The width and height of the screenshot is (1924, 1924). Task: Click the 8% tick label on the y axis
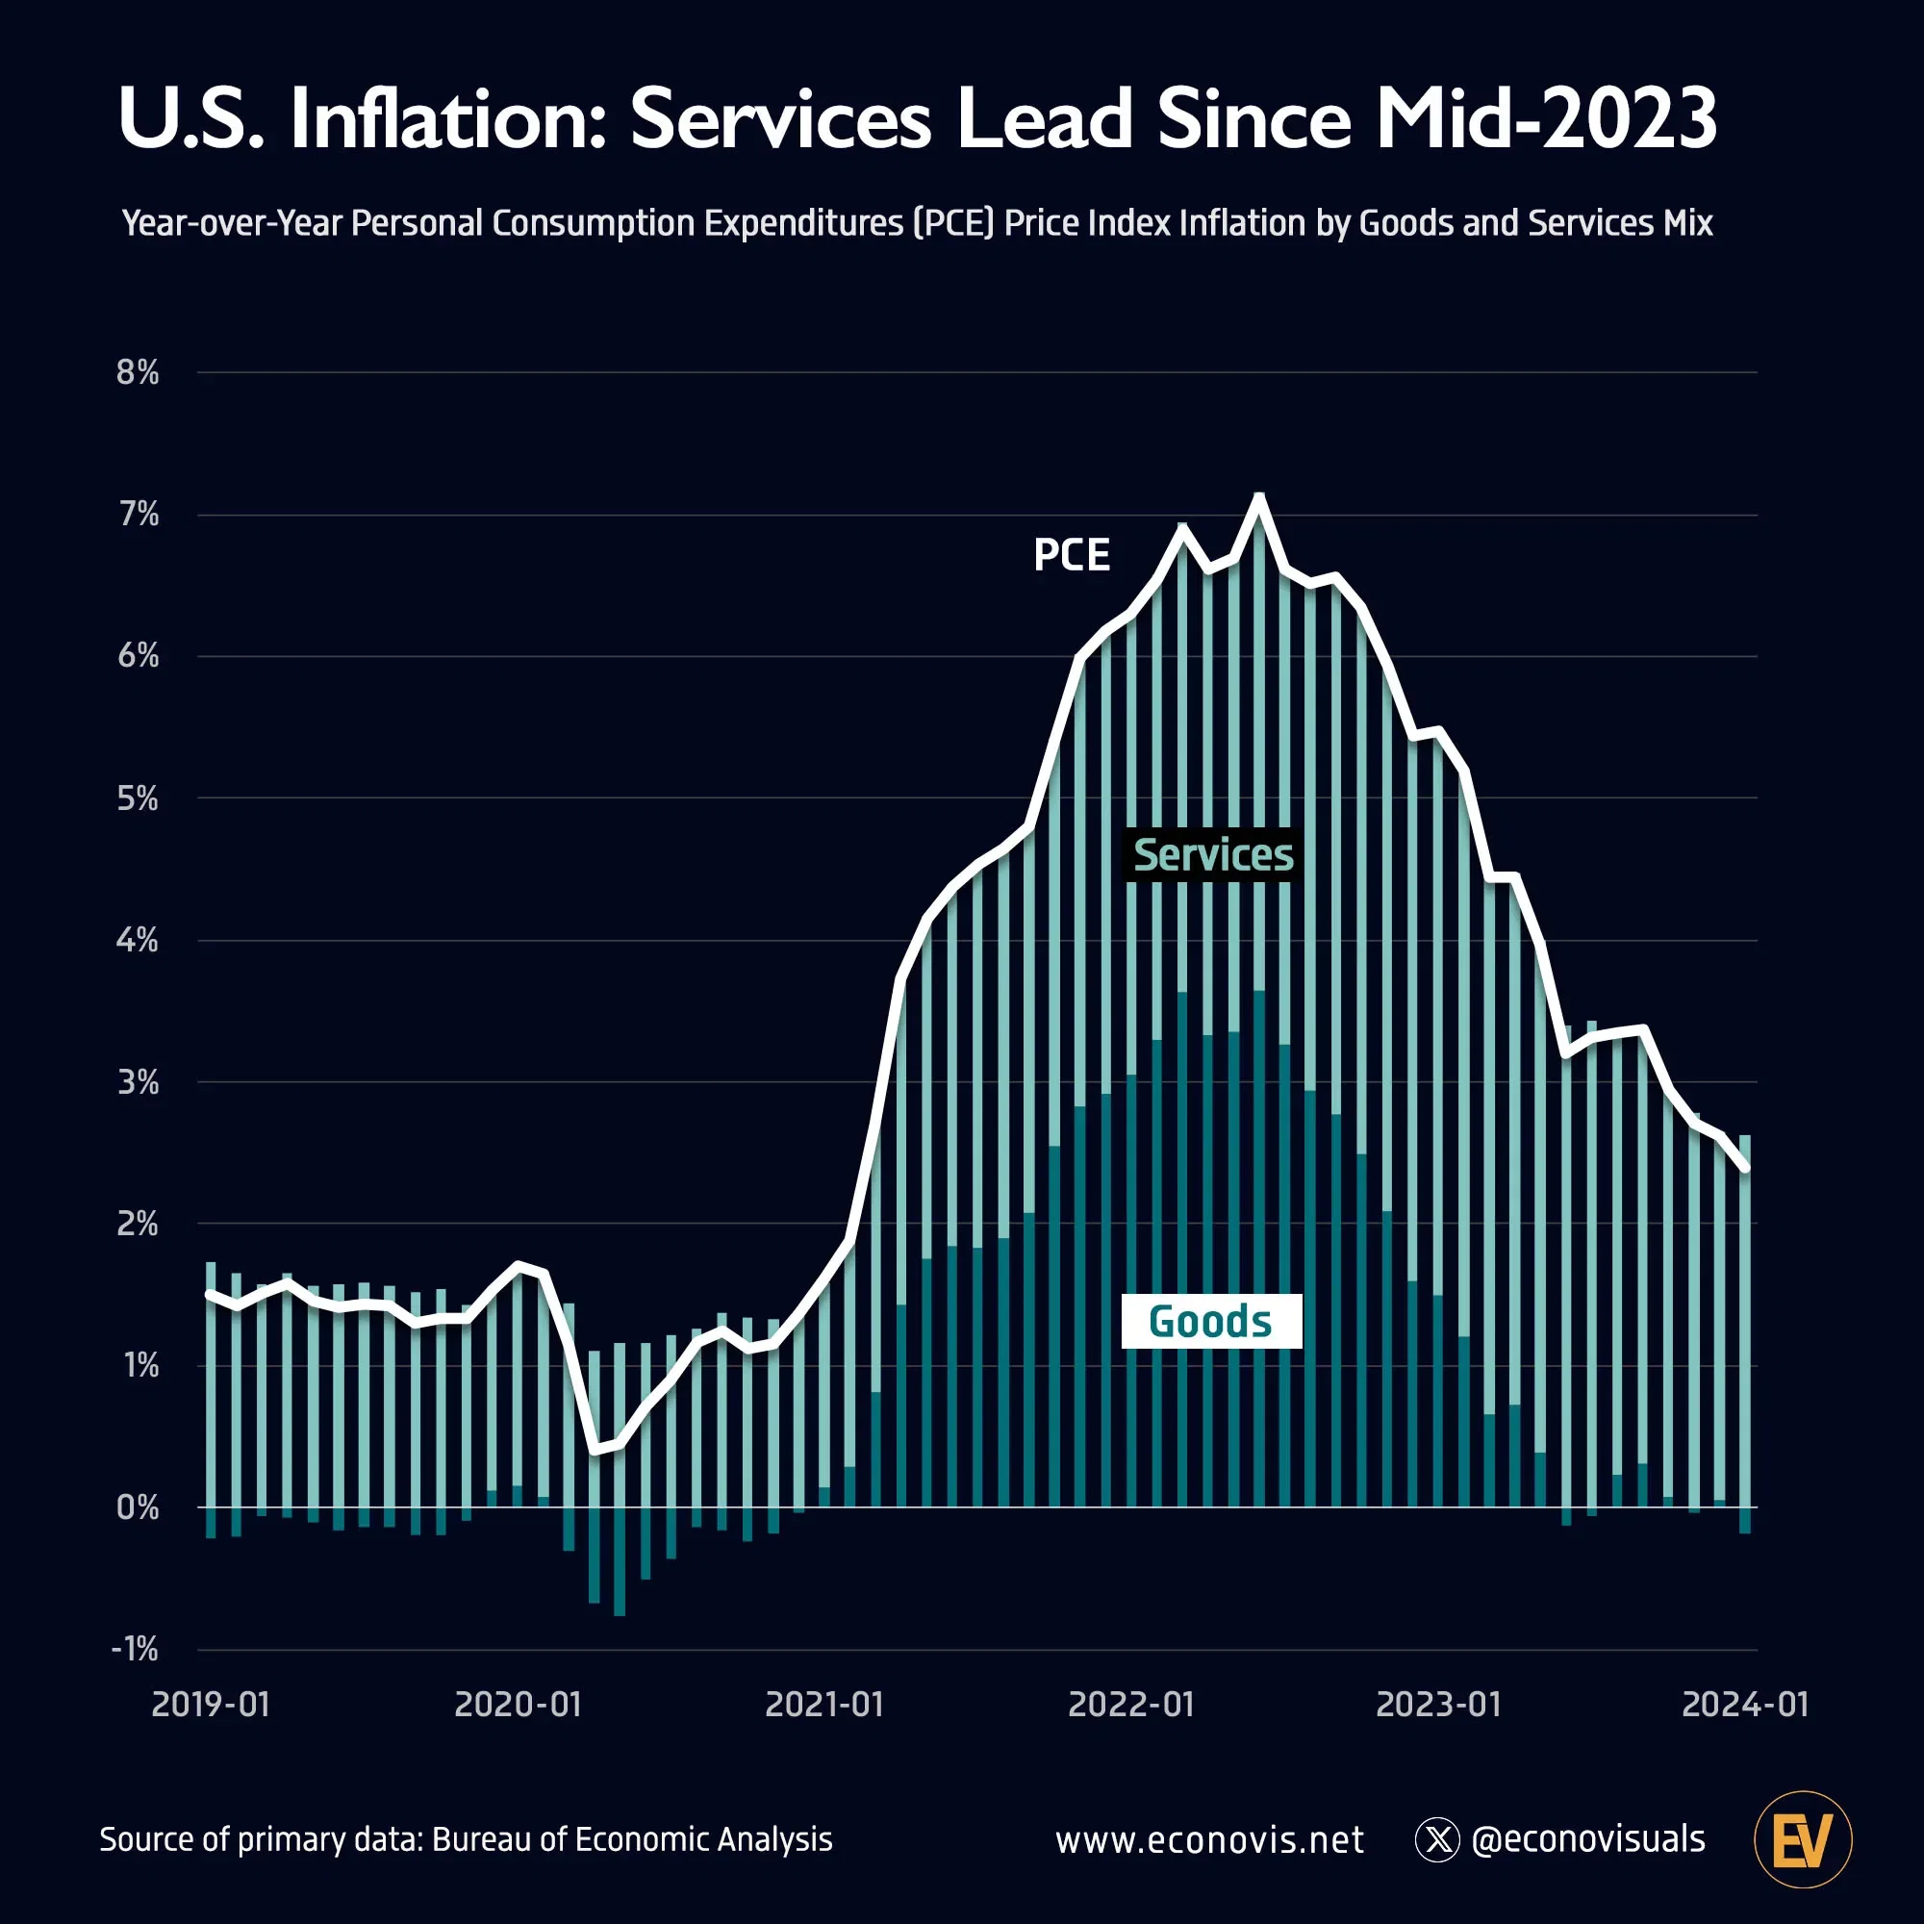tap(138, 372)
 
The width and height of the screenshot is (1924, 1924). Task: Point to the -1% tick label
tap(135, 1649)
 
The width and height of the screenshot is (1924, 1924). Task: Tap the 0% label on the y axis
tap(138, 1507)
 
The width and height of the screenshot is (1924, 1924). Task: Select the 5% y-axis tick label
tap(138, 798)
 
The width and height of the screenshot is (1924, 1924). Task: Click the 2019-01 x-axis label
tap(210, 1704)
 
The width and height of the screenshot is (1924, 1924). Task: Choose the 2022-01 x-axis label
tap(1130, 1704)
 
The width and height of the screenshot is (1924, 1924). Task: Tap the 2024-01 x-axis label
tap(1745, 1704)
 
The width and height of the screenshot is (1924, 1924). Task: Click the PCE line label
tap(1072, 556)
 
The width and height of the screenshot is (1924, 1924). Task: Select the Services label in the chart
tap(1212, 855)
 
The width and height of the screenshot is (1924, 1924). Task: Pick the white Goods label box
tap(1211, 1322)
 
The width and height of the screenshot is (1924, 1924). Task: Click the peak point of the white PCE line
tap(1258, 497)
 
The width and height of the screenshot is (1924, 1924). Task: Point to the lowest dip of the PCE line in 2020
tap(595, 1449)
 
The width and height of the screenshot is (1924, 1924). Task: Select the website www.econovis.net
tap(1209, 1839)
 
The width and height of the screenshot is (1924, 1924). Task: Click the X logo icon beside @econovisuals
tap(1437, 1839)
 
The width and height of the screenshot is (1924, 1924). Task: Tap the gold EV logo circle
tap(1803, 1839)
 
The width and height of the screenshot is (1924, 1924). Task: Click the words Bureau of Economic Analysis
tap(631, 1839)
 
